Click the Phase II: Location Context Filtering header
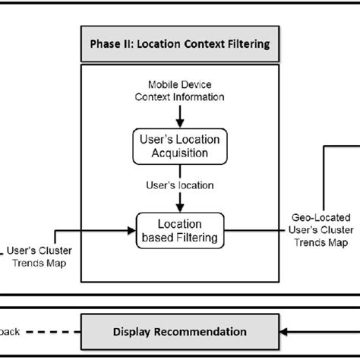(x=180, y=44)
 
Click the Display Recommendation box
(x=180, y=331)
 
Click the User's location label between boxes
(x=180, y=185)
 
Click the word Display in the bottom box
(x=131, y=331)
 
